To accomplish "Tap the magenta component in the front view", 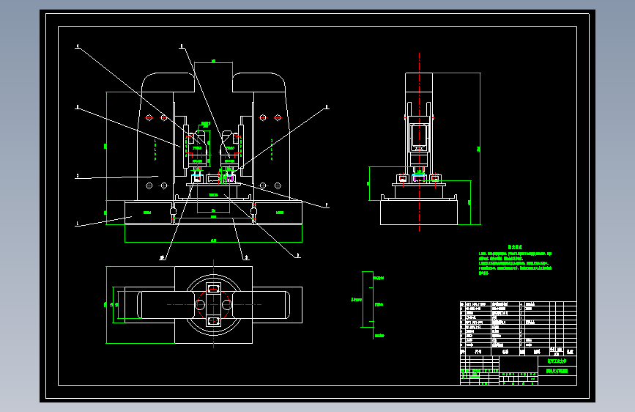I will coord(231,175).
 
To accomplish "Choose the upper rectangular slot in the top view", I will coord(213,289).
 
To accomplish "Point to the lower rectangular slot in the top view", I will coord(213,321).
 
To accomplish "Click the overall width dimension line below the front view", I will coord(213,241).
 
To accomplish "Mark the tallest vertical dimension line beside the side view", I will coord(479,147).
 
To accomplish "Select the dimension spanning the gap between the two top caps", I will coord(212,62).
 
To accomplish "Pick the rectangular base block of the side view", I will coord(419,213).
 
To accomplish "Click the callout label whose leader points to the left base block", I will coord(77,224).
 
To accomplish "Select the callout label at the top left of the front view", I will coord(77,47).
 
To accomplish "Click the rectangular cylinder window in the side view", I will coord(419,134).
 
